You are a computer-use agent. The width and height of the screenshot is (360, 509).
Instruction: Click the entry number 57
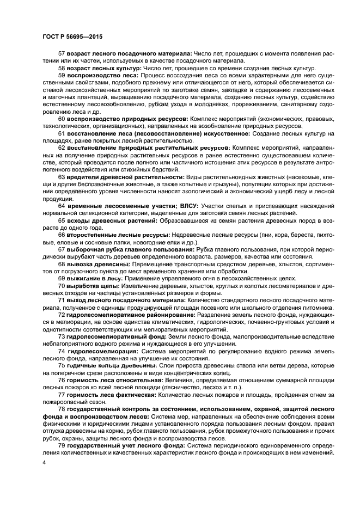click(x=61, y=53)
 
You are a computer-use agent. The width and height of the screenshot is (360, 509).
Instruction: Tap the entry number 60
click(x=61, y=133)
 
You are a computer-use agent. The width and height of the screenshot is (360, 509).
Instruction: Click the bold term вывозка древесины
click(x=100, y=264)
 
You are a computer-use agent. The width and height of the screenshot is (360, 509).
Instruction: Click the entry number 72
click(x=61, y=315)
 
